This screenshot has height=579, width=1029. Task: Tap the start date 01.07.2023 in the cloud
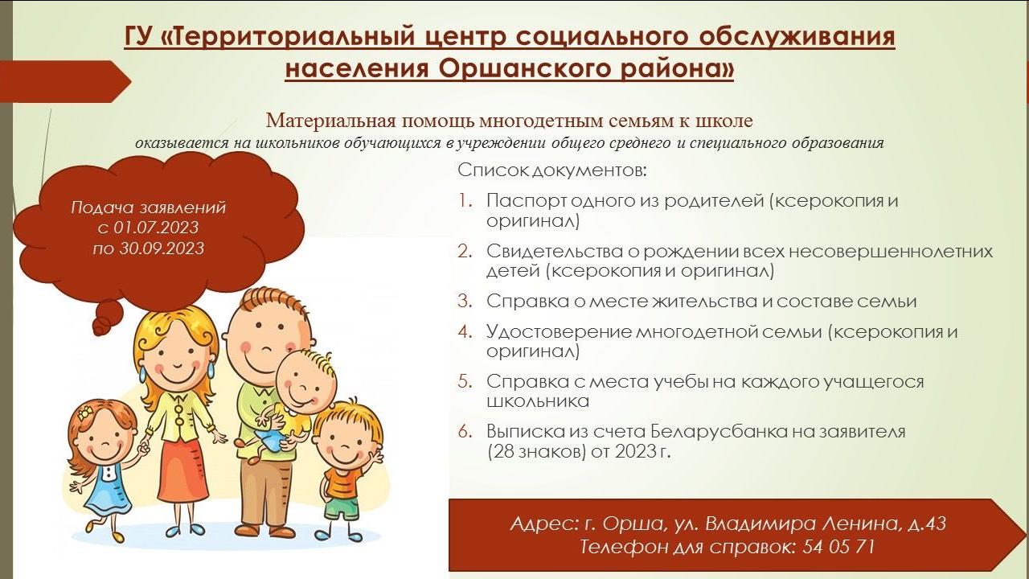pyautogui.click(x=156, y=228)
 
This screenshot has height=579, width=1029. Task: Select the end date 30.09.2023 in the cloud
pyautogui.click(x=162, y=248)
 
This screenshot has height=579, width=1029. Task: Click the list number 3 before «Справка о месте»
pyautogui.click(x=465, y=301)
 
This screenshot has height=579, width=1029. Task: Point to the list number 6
pyautogui.click(x=465, y=432)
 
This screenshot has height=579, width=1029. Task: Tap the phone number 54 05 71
pyautogui.click(x=838, y=547)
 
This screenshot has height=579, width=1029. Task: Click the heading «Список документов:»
pyautogui.click(x=552, y=170)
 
